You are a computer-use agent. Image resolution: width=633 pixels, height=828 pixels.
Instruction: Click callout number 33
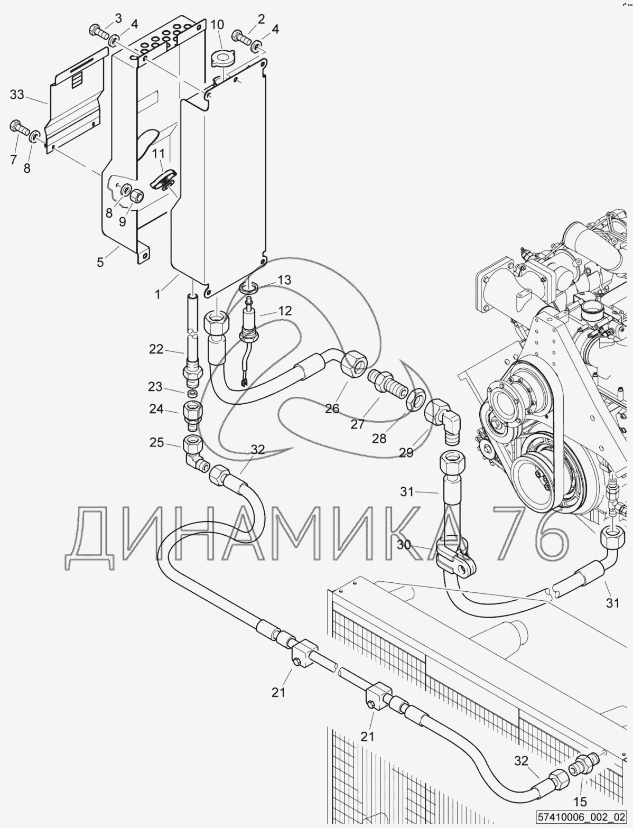(x=17, y=95)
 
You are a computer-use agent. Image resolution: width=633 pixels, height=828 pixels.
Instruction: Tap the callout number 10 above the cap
(x=217, y=25)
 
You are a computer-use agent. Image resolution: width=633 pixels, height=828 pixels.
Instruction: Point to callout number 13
(x=284, y=280)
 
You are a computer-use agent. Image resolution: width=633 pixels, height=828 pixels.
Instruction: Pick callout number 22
(x=156, y=349)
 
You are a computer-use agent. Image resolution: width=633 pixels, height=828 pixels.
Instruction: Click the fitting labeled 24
(x=192, y=416)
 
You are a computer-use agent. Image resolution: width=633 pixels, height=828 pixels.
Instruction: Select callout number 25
(x=157, y=442)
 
